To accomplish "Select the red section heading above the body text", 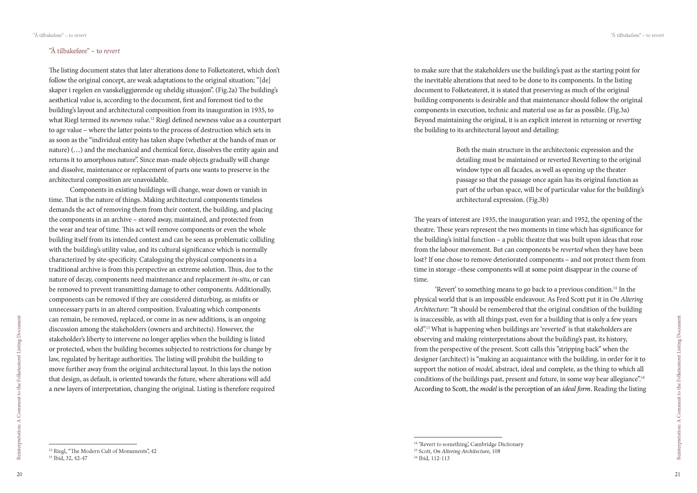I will coord(84,51).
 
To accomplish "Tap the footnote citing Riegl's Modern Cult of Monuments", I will coord(103,451).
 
